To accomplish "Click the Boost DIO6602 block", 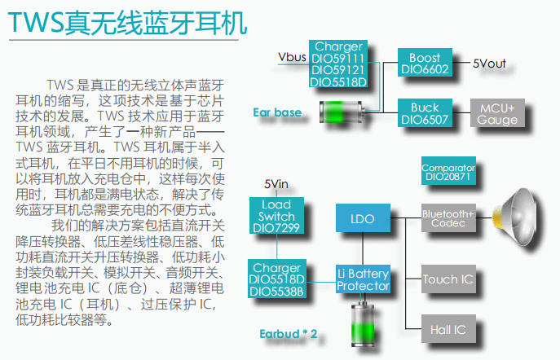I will pos(425,64).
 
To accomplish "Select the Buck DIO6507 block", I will pos(425,113).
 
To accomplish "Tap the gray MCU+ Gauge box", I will pos(497,114).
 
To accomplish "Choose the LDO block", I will pos(362,219).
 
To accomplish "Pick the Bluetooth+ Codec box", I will pos(448,219).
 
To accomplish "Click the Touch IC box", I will pos(448,279).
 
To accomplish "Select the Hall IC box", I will pos(448,330).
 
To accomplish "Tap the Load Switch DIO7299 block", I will pos(276,217).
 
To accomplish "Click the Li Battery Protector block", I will pos(364,279).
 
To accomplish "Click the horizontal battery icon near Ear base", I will pos(342,111).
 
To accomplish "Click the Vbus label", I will pos(291,57).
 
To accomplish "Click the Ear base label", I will pos(277,112).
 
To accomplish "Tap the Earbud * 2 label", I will pos(288,334).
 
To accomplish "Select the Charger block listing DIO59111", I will pos(338,64).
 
